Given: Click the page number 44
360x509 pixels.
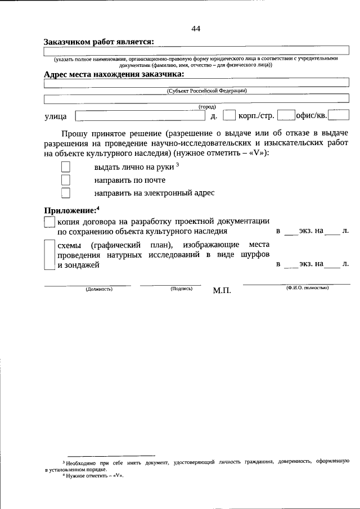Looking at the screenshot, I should [x=195, y=29].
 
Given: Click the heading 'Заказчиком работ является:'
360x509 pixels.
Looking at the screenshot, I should [x=98, y=42].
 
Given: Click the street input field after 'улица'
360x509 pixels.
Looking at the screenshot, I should [x=140, y=116].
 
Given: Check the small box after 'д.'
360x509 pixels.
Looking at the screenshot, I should [x=229, y=116].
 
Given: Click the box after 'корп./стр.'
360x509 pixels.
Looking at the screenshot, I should [x=286, y=116].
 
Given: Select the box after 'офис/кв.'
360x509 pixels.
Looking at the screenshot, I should [x=339, y=116].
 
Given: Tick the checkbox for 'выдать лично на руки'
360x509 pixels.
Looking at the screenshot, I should [x=66, y=167].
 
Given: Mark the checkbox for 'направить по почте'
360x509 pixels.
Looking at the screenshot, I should [x=66, y=180].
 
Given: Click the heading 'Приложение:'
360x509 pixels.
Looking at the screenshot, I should [x=71, y=211].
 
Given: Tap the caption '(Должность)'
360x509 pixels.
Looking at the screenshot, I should [x=99, y=289].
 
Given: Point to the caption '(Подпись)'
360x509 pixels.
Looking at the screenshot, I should [x=181, y=289].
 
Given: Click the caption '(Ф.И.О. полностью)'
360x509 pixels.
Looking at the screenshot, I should [x=307, y=288].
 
